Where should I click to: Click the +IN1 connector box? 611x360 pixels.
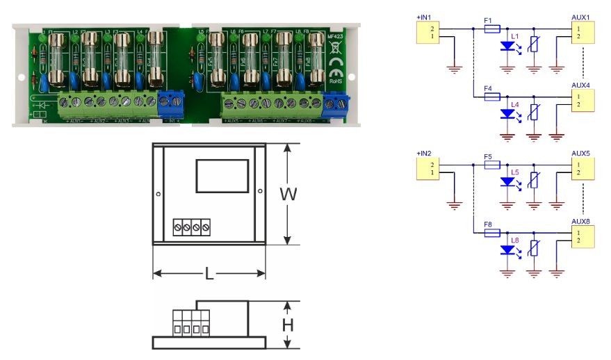(427, 33)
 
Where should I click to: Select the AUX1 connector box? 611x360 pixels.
(583, 33)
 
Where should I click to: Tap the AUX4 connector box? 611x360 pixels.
(583, 100)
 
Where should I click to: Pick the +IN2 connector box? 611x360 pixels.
(427, 168)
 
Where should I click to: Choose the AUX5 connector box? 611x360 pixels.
(583, 168)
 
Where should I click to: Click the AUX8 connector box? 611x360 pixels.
(583, 236)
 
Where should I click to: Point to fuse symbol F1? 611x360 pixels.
(491, 29)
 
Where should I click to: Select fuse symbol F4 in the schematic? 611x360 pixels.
(491, 97)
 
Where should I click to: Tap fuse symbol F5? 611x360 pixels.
(491, 165)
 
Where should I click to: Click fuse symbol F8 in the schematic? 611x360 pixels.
(491, 233)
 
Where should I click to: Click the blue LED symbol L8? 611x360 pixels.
(507, 251)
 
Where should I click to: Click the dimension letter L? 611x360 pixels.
(209, 274)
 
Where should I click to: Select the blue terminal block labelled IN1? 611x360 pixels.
(169, 104)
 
